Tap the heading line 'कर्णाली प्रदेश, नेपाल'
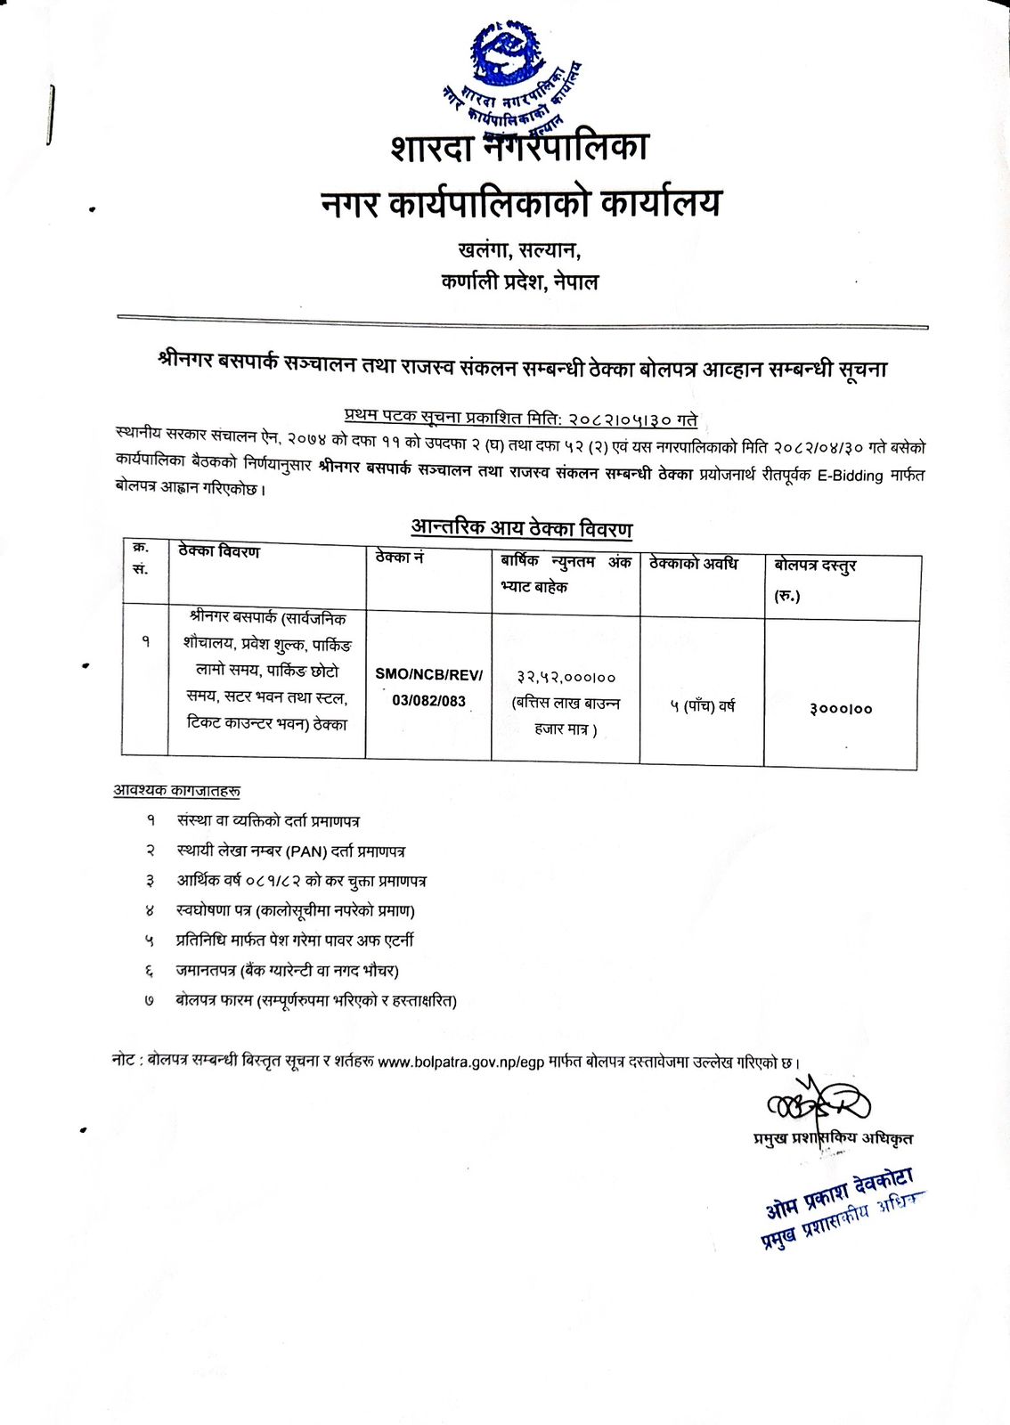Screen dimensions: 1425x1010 click(x=519, y=283)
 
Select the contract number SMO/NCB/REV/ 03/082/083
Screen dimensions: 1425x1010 click(x=428, y=687)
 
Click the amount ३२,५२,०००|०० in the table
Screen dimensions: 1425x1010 click(x=566, y=677)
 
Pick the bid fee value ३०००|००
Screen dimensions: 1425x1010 click(x=841, y=709)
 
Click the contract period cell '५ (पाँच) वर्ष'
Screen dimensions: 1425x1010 click(x=702, y=706)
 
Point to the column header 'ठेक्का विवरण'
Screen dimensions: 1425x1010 click(x=219, y=552)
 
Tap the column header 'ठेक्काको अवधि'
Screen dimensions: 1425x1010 click(x=694, y=563)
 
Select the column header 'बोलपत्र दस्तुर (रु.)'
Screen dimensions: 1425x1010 click(x=814, y=578)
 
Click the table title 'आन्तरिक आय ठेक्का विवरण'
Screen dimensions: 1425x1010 click(x=521, y=528)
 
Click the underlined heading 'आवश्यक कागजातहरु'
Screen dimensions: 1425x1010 click(x=176, y=791)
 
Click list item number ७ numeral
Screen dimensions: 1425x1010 click(x=150, y=1001)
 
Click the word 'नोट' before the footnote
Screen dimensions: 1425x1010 click(x=123, y=1060)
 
